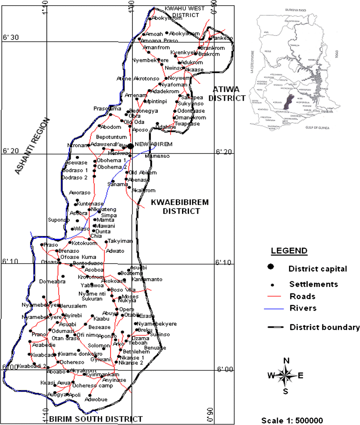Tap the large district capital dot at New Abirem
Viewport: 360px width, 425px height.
pyautogui.click(x=130, y=146)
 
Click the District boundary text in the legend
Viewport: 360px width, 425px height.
pyautogui.click(x=324, y=327)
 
